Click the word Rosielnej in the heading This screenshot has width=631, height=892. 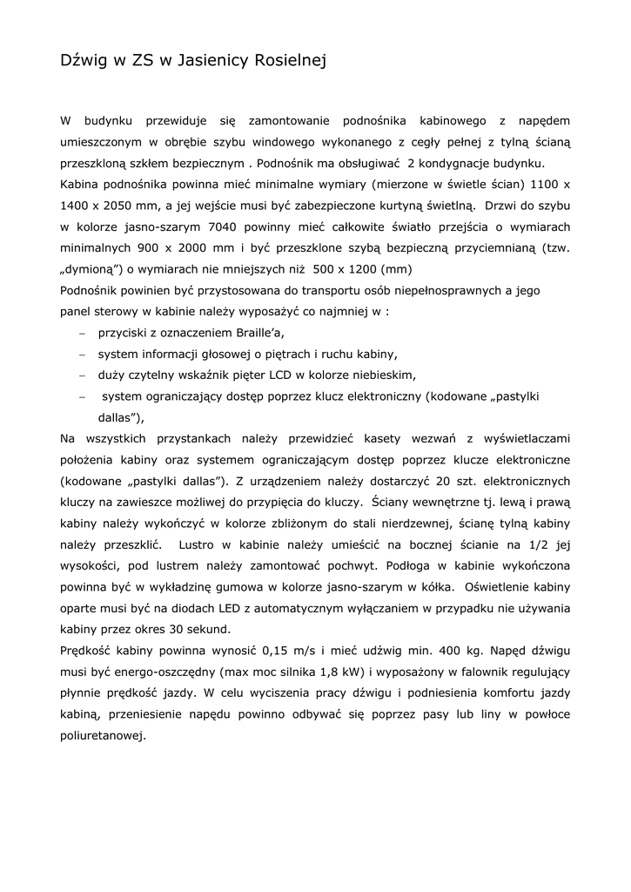(287, 61)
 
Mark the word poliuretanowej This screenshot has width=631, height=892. (102, 734)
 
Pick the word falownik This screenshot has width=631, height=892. (460, 671)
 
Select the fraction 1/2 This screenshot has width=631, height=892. (535, 544)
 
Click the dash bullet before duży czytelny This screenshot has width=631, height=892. (82, 375)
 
